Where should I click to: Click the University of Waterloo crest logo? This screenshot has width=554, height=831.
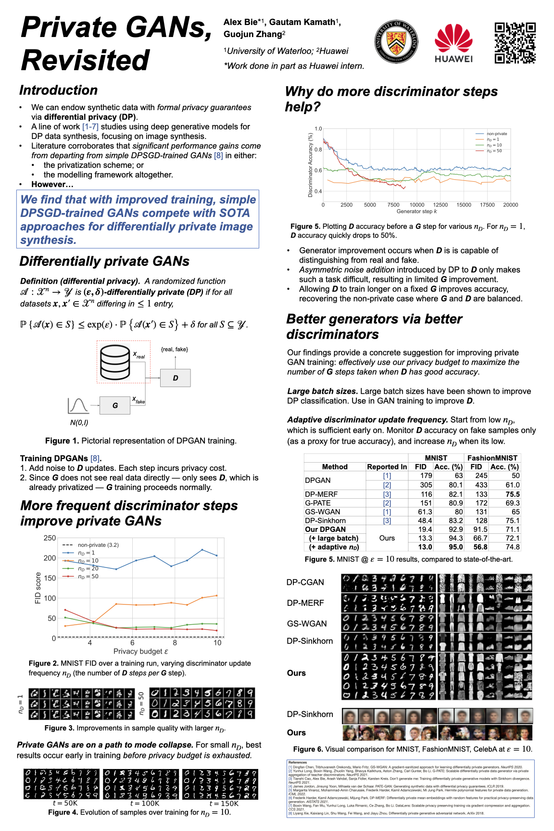tap(396, 42)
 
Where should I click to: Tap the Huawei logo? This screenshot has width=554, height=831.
tap(453, 43)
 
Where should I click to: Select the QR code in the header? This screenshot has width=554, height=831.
tap(515, 43)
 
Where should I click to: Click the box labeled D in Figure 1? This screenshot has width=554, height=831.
tap(176, 378)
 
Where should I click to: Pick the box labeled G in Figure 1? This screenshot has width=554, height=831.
tap(115, 405)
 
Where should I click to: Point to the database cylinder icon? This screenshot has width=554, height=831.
tap(115, 362)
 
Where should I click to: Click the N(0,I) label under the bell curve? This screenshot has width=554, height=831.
tap(79, 423)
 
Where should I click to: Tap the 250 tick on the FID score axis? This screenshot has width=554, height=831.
tap(50, 538)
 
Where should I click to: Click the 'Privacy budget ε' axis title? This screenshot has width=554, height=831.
tap(140, 651)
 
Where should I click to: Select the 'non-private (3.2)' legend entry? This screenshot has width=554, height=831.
tap(98, 545)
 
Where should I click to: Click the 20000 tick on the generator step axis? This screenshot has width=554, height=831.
tap(510, 205)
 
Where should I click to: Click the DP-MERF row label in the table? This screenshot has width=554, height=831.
tap(321, 494)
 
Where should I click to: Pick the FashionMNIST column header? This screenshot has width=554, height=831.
tap(492, 458)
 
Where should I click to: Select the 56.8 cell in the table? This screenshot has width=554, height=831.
tap(480, 547)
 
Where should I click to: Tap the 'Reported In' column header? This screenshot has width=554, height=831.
tap(387, 466)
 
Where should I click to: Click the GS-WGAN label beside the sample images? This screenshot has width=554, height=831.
tap(307, 624)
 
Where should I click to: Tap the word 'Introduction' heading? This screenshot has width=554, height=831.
tap(59, 90)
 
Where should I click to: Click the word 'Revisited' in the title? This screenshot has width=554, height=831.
tap(86, 61)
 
